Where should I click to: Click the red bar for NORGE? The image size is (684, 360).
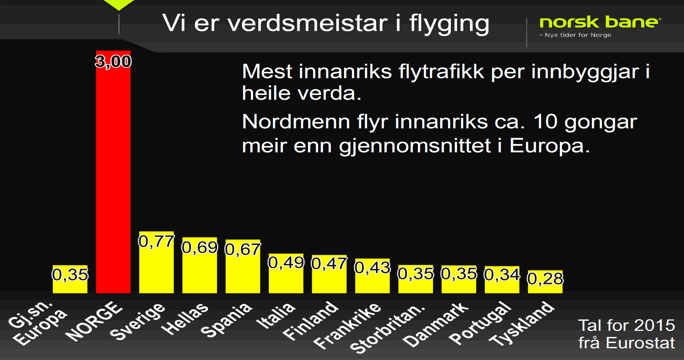coord(113,180)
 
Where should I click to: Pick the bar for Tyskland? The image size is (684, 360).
coord(545,286)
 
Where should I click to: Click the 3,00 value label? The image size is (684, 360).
coord(113,62)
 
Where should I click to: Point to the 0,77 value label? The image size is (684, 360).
coord(156,241)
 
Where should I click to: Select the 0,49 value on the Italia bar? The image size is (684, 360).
coord(286,262)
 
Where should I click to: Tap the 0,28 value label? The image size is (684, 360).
coord(545,279)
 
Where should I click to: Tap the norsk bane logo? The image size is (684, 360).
coord(599,22)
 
